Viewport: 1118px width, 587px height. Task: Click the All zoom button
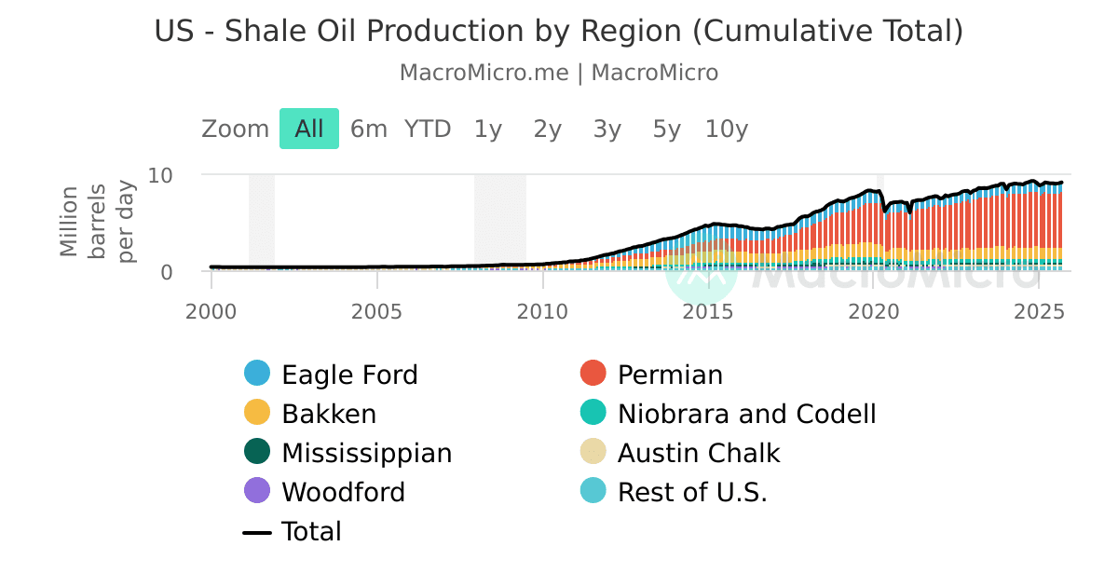(308, 130)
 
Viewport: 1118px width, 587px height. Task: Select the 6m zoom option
(368, 130)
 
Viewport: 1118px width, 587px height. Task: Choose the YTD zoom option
(428, 130)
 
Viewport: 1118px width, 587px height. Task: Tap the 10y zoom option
(727, 130)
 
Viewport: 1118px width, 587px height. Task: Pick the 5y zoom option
(667, 130)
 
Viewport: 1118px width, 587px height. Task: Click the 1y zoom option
(488, 130)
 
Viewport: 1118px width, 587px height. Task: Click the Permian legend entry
(670, 375)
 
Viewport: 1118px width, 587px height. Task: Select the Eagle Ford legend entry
(349, 375)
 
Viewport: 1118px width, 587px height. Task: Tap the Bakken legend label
(329, 414)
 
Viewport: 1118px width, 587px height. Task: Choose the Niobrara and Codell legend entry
(746, 414)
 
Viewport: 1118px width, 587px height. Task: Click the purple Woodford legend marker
(257, 491)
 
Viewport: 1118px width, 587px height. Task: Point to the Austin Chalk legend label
(699, 453)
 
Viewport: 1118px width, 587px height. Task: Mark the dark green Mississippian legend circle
(257, 452)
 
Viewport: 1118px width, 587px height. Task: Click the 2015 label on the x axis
(708, 310)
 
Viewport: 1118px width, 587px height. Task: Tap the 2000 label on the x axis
(211, 310)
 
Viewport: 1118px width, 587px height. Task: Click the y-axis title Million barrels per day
(97, 222)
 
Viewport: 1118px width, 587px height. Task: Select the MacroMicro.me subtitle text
(484, 73)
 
